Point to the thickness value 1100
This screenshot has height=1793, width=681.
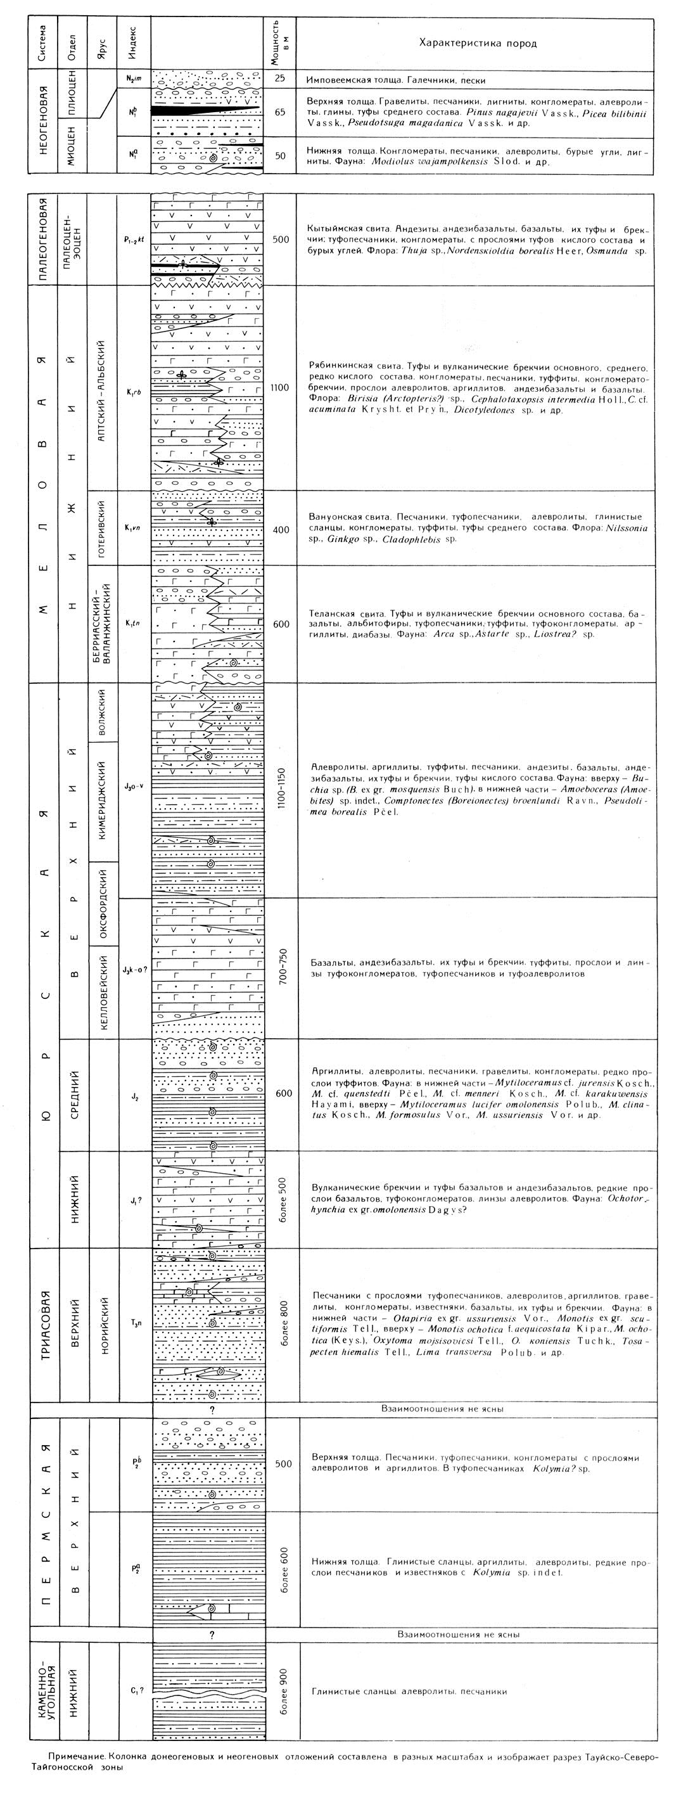(x=281, y=388)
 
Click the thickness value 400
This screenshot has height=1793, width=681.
(x=281, y=530)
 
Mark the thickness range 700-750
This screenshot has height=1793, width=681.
(x=281, y=963)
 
